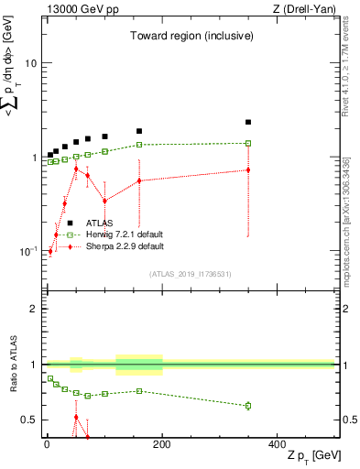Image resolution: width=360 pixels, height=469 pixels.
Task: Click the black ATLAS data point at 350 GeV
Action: (x=248, y=122)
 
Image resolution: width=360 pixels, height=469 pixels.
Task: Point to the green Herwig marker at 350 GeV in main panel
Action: (x=248, y=143)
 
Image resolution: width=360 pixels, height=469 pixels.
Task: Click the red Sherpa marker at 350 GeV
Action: (x=248, y=169)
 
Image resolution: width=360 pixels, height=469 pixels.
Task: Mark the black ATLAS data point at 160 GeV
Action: (x=139, y=131)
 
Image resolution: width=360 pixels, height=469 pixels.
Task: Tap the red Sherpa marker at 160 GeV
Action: (x=139, y=180)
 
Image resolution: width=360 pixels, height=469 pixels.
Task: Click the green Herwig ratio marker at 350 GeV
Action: (x=248, y=405)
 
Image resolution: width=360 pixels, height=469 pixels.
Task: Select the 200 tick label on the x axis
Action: (x=162, y=444)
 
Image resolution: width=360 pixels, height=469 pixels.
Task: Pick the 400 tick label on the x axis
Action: (x=277, y=444)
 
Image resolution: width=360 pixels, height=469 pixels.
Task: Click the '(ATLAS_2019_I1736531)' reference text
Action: (x=190, y=274)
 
